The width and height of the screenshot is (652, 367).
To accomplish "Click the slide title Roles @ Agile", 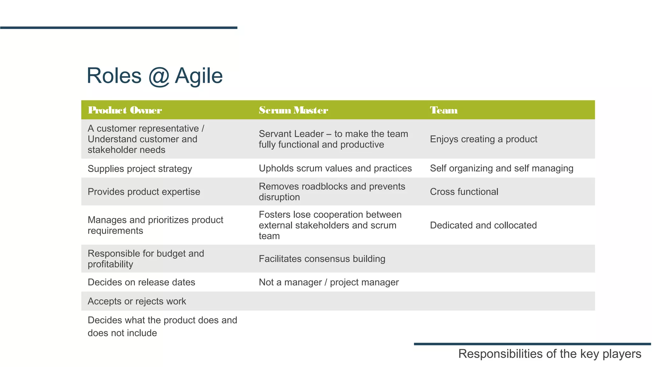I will [x=154, y=76].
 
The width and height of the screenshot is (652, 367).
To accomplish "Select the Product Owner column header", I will [x=125, y=110].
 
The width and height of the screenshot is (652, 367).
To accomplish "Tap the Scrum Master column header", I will [x=293, y=110].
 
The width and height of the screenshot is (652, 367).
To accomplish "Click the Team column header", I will [x=443, y=110].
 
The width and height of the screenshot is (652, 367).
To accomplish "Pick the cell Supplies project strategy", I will [x=140, y=169].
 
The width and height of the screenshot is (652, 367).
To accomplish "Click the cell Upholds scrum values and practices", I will [x=335, y=168].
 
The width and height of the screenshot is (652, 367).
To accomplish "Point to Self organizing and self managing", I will [x=501, y=168].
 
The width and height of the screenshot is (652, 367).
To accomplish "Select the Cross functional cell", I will [x=464, y=192].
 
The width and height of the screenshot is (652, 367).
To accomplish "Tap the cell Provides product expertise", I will [x=144, y=192].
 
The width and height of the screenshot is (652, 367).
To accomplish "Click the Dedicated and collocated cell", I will [x=483, y=225].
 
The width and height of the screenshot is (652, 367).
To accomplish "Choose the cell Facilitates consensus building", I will [x=322, y=259].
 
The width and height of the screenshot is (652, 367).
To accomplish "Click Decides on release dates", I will [x=141, y=282].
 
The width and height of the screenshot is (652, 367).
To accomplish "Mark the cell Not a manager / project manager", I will [x=329, y=282].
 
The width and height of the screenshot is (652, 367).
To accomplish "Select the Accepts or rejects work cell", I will [x=137, y=301].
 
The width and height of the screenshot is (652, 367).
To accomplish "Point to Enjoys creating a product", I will [x=483, y=139].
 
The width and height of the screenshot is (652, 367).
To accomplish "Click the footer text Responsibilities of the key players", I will [x=549, y=354].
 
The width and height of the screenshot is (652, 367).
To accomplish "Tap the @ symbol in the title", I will [x=158, y=76].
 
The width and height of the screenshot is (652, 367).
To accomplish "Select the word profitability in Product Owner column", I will [x=110, y=264].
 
